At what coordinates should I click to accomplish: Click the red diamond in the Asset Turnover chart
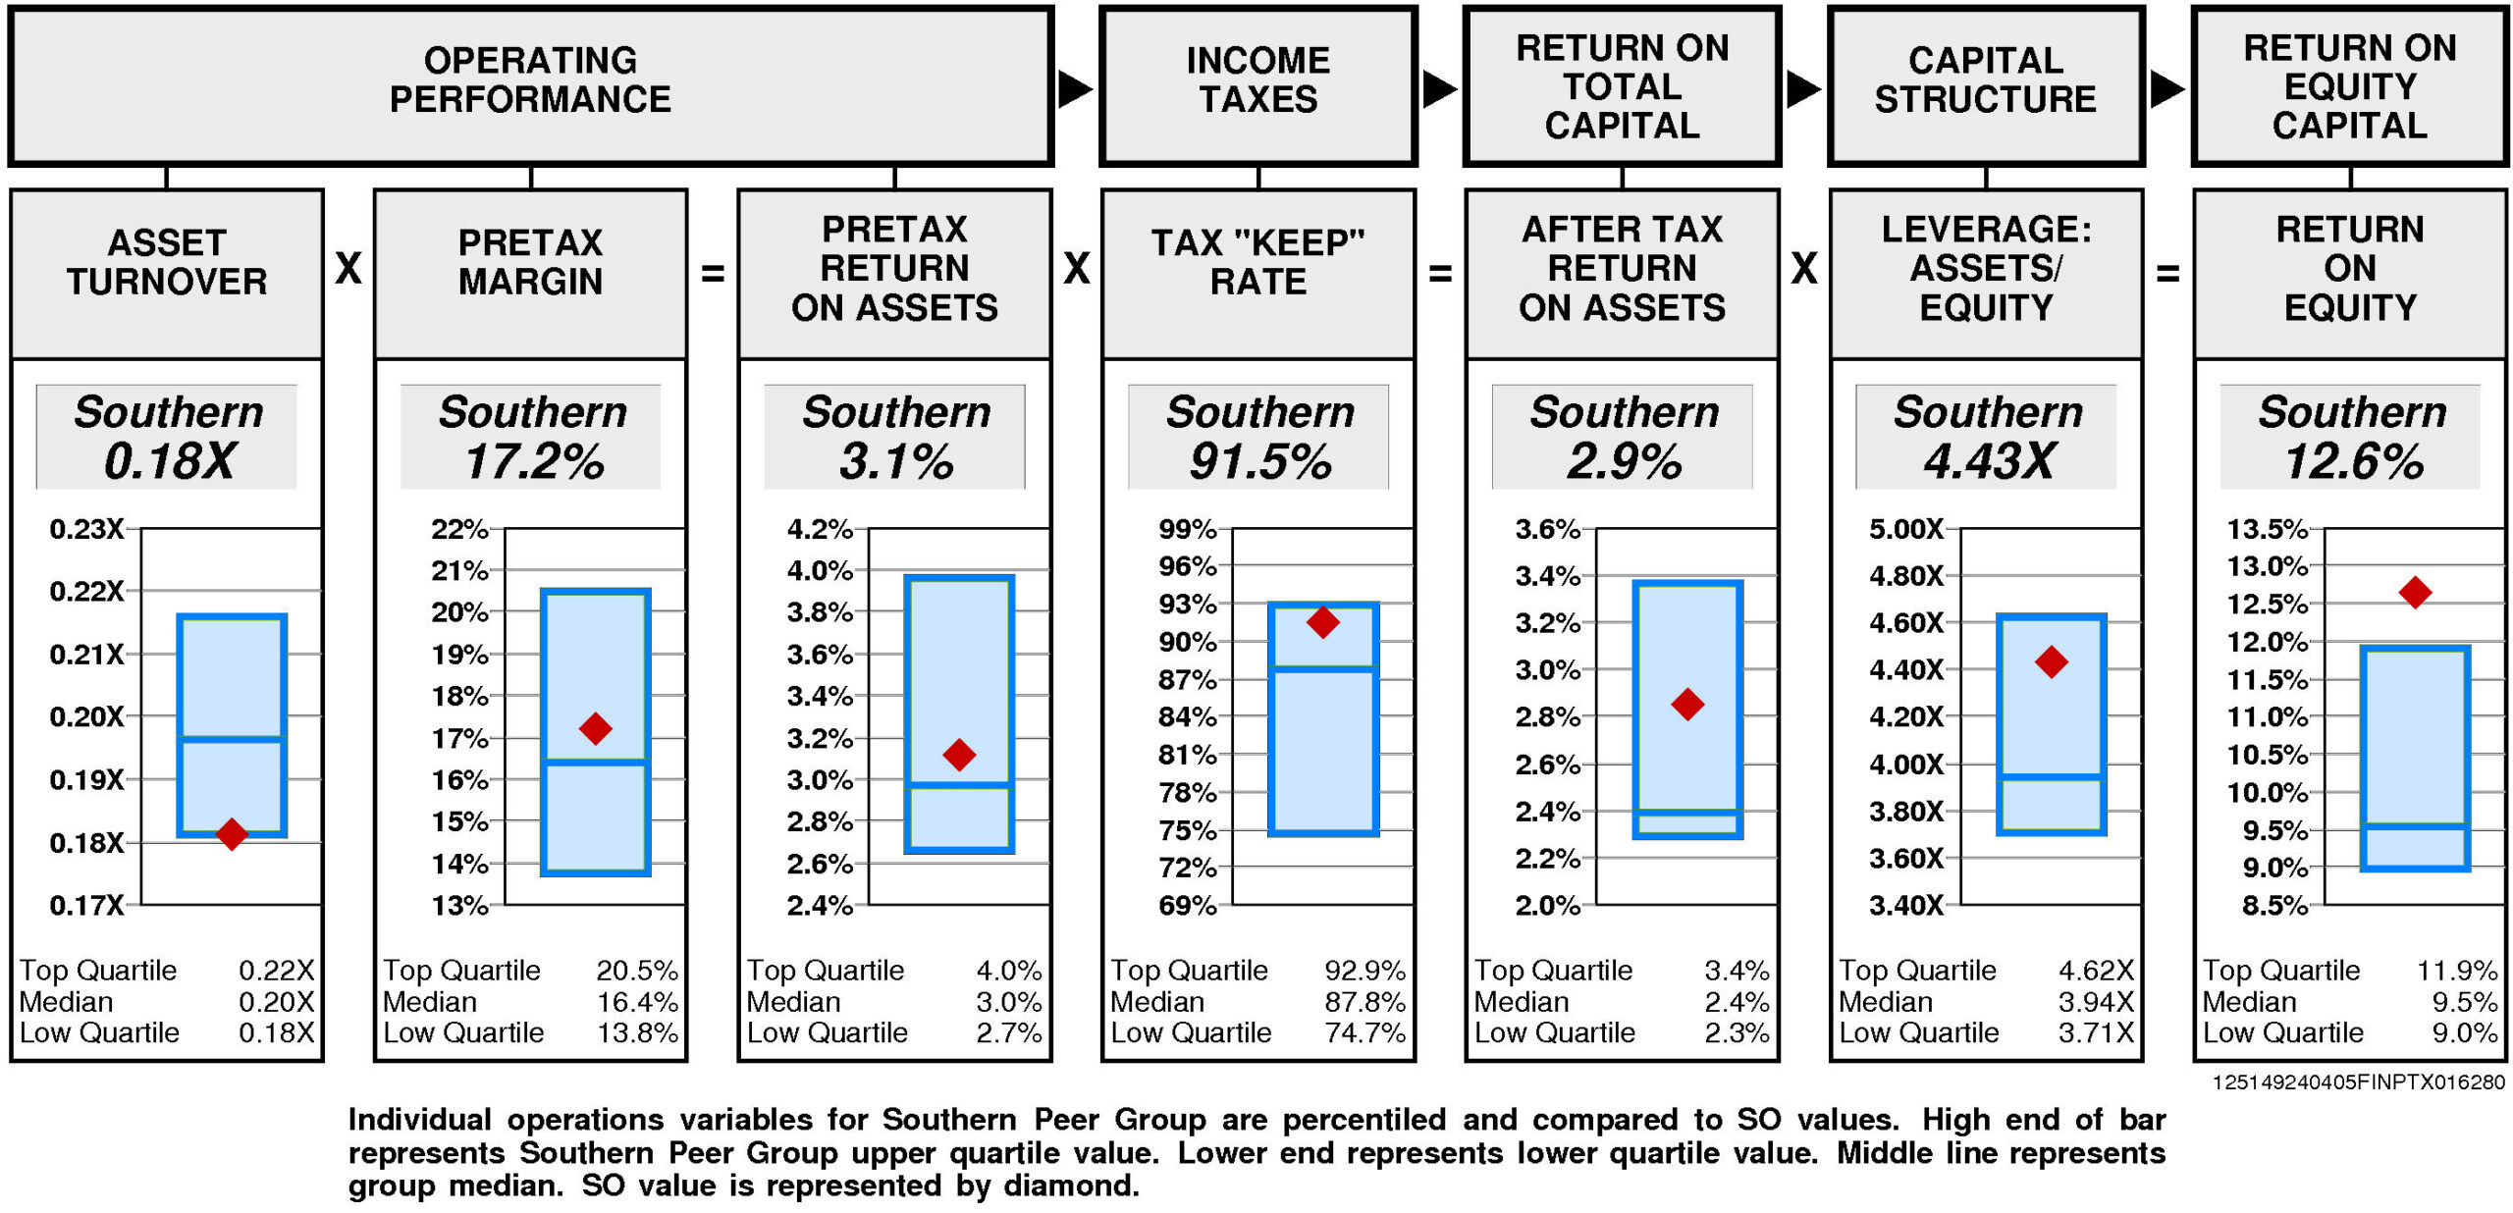232,834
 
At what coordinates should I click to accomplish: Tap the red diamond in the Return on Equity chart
2415,592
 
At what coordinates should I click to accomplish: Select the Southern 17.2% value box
531,437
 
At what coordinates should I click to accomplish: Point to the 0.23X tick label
86,529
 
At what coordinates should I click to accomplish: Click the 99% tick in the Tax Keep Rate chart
1187,529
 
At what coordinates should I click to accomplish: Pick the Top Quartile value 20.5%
637,971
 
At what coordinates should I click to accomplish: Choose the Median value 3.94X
2096,1002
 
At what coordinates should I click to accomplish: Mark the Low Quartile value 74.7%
1364,1032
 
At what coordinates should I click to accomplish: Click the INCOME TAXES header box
1258,84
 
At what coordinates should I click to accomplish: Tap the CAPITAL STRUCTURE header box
1986,84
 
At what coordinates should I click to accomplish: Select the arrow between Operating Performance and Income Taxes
1075,89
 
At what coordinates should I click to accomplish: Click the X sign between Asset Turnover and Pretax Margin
348,268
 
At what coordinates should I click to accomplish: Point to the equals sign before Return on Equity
2167,274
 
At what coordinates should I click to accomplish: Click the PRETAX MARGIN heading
531,262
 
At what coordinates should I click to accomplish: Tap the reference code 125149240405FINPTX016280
2358,1082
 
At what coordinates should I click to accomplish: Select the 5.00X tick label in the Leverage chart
1905,529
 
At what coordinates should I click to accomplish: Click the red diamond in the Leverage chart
2052,661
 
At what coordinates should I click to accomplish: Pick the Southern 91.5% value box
1259,437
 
